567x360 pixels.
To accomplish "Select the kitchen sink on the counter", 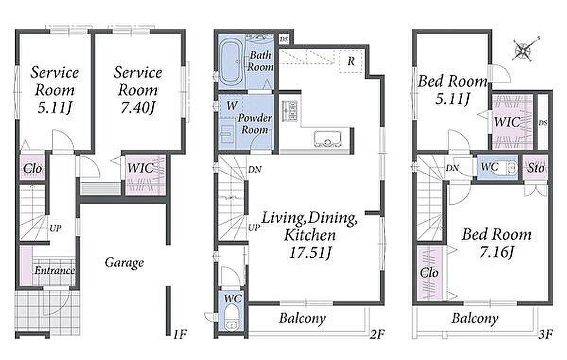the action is tap(327, 139).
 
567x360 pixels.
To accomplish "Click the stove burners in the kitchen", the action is tap(290, 111).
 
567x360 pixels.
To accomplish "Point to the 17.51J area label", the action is tap(310, 252).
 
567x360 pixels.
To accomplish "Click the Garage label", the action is tap(124, 263).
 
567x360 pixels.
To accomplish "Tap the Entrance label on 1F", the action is tap(54, 271).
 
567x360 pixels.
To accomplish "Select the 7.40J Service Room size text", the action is tap(137, 108).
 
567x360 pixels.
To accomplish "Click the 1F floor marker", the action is tap(180, 334).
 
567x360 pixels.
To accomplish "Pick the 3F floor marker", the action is tap(546, 334).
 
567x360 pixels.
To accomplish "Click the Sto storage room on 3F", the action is tap(536, 168).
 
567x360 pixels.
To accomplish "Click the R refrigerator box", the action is tap(351, 61).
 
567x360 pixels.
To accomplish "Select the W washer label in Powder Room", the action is tap(232, 105).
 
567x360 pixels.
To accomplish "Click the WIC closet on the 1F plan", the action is tap(146, 175).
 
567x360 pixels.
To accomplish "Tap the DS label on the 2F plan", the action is tap(284, 40).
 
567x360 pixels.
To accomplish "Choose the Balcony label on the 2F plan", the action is tap(302, 318).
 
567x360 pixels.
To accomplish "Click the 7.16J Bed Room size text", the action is tap(497, 252).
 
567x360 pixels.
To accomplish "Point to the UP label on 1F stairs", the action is tap(55, 228).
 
